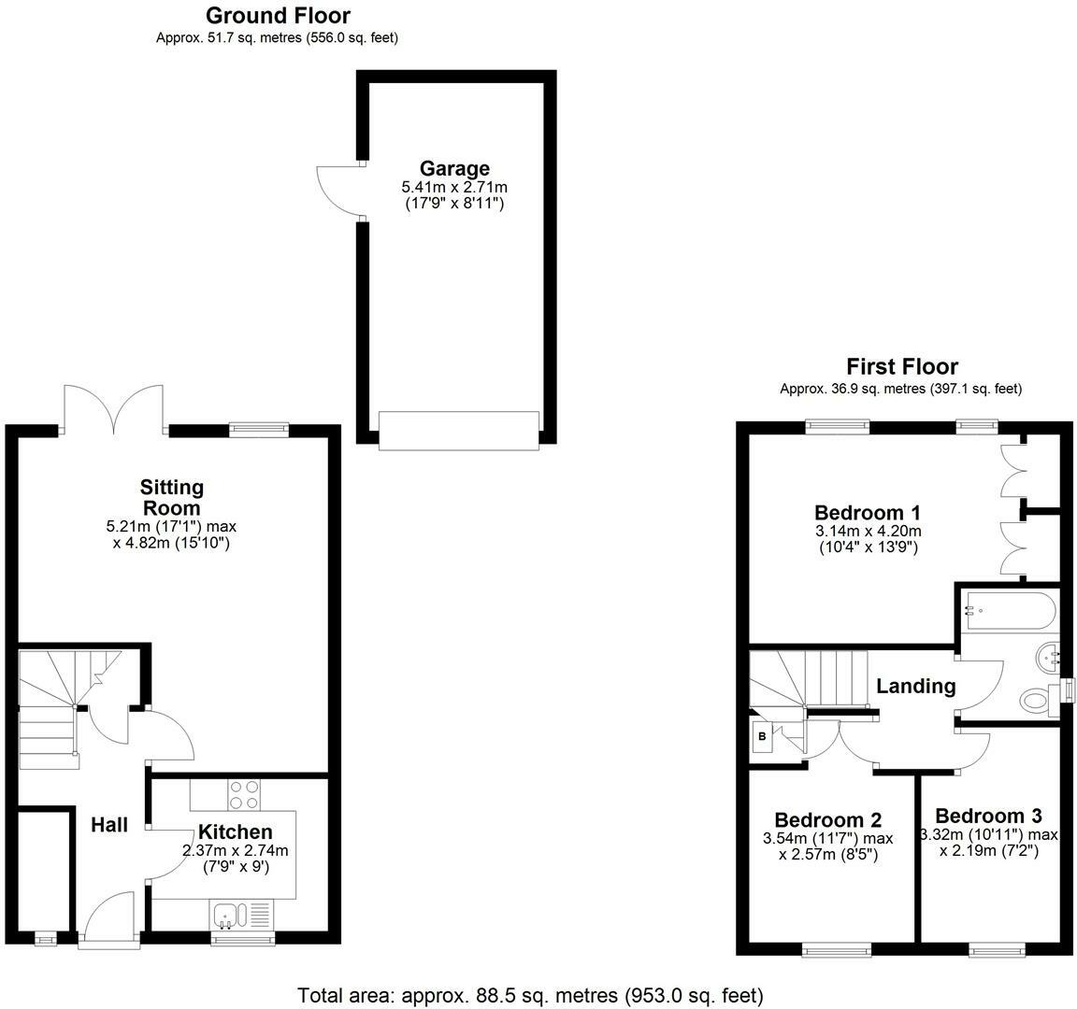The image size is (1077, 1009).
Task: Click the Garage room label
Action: [454, 169]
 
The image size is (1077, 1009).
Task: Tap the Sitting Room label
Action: [172, 497]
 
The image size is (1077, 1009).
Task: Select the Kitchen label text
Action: [235, 831]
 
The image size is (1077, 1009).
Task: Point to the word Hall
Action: [109, 825]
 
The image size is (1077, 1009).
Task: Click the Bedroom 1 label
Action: [868, 512]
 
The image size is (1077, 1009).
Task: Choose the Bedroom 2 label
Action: [828, 819]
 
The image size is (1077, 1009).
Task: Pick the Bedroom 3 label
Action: [988, 815]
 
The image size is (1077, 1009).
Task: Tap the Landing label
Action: [915, 686]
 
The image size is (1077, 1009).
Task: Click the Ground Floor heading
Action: [278, 16]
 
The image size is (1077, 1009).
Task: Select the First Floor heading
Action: [902, 366]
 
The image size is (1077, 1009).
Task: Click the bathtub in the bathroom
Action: [1011, 611]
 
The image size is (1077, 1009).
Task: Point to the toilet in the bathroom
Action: [1038, 699]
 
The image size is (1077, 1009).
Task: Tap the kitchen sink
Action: [227, 913]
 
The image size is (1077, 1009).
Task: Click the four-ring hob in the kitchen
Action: [244, 794]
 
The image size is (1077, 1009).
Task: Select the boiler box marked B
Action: [762, 736]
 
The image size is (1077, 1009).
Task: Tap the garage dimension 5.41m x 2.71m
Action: [454, 188]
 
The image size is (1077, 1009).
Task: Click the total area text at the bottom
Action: [530, 995]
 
